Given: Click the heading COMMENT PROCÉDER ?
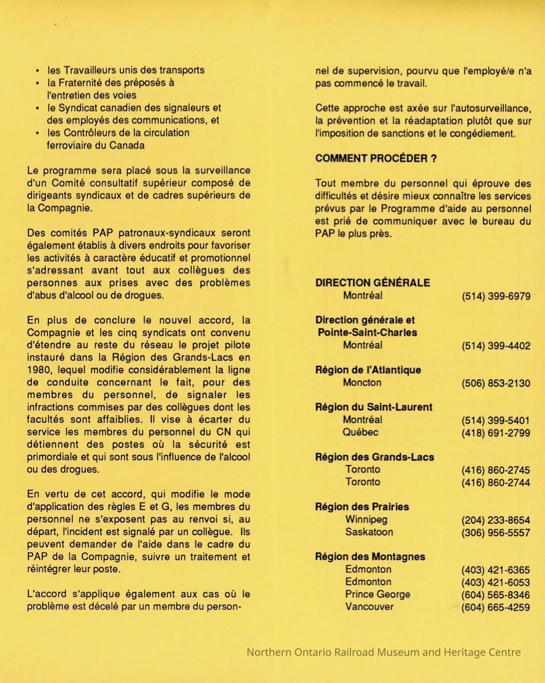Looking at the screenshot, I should point(376,158).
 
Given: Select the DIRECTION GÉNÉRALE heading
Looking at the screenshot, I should point(373,283).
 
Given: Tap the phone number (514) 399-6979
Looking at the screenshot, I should point(496,297).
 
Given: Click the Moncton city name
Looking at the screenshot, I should point(362,383).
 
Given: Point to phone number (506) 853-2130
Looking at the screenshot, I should point(496,383).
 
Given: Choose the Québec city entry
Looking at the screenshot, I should point(360,433).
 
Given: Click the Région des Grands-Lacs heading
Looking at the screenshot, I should point(374,458).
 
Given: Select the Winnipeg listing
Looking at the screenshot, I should point(366,520).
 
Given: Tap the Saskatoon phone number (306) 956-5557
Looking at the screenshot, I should point(496,533).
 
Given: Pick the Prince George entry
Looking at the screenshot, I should point(378,595).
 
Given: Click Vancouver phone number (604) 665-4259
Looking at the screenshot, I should point(496,608).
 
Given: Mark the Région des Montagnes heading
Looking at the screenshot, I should point(370,557).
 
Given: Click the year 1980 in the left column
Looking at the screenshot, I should point(37,370).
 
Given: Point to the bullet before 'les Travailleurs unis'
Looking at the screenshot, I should point(37,71).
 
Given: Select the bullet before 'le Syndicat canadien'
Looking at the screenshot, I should point(37,108).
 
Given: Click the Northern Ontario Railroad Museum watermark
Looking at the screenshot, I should point(384,652).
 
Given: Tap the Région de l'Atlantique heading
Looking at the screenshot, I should point(368,370).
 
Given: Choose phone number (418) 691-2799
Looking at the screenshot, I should point(496,433).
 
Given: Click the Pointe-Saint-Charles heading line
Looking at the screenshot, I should point(367,333).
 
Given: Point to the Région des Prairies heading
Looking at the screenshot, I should point(362,507).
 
